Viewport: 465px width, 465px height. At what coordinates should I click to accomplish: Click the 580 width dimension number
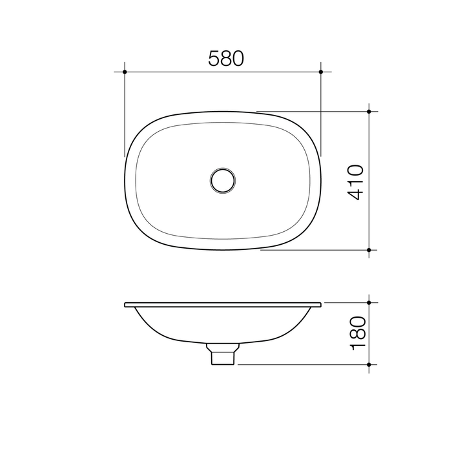coord(225,59)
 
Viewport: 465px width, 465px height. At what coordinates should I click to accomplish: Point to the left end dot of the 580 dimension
coord(124,71)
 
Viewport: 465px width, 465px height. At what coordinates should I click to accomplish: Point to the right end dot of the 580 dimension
coord(321,71)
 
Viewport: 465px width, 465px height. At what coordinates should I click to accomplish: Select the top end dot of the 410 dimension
coord(369,112)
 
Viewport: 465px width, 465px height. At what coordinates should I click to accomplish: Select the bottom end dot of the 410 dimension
coord(369,249)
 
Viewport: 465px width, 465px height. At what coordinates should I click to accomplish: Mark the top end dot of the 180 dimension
coord(369,302)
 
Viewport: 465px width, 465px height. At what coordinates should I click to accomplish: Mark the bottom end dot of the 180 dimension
coord(369,364)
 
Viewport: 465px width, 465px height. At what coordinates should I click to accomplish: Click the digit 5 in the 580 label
coord(214,59)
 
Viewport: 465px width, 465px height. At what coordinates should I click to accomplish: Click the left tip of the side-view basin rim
coord(125,304)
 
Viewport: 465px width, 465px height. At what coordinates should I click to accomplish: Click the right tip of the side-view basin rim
coord(321,304)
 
